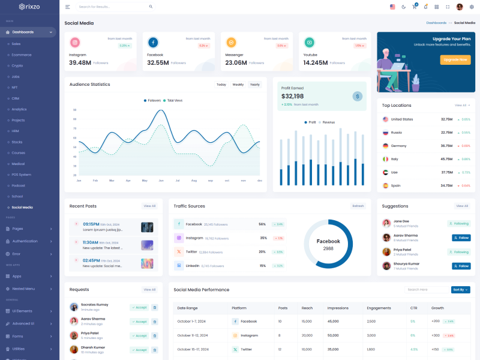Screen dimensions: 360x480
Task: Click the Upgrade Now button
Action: pos(455,59)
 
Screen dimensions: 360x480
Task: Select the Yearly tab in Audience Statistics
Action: pos(255,85)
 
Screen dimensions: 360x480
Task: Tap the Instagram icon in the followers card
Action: pos(75,43)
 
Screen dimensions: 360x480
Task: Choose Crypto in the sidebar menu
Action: pos(17,65)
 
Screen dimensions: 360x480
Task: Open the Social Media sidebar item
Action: pos(22,207)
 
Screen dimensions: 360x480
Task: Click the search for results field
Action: pos(111,7)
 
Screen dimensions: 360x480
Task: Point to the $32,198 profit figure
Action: pos(292,96)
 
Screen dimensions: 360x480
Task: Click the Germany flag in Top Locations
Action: pos(386,146)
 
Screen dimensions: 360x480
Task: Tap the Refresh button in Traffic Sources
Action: pos(358,206)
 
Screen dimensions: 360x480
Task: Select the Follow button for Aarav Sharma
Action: pos(461,238)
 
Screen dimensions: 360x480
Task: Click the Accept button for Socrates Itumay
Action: pos(139,307)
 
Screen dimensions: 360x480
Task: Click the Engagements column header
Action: pos(379,308)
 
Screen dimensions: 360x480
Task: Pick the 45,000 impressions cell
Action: pos(333,321)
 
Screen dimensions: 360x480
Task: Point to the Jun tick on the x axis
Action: pos(161,180)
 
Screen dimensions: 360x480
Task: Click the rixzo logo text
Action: pos(32,7)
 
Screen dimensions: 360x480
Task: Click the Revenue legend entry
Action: pos(328,122)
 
